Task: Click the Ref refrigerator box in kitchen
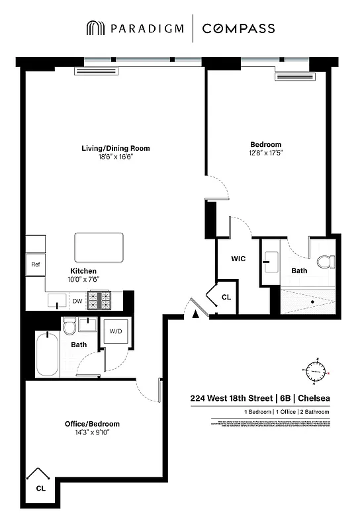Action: click(36, 264)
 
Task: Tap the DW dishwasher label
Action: click(77, 302)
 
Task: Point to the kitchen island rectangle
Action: click(99, 248)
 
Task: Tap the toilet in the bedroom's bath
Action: click(324, 263)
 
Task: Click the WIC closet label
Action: click(238, 259)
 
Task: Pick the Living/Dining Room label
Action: click(111, 148)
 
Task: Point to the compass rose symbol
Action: click(316, 372)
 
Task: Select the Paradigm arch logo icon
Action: click(94, 28)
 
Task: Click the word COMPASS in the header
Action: click(238, 28)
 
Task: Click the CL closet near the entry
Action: click(226, 298)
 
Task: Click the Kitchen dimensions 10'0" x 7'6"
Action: click(84, 280)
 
